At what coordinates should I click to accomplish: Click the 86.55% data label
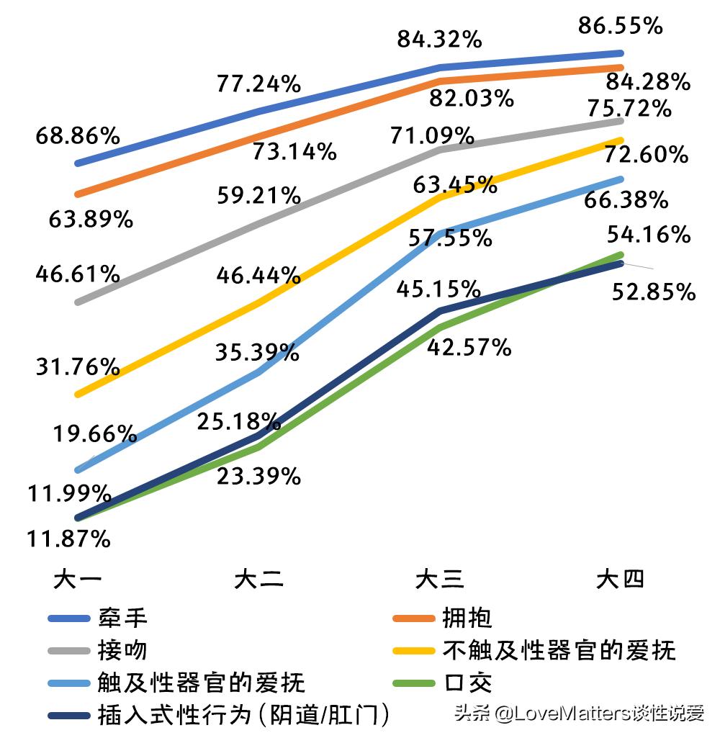(620, 27)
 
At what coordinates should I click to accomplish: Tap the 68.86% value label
(78, 136)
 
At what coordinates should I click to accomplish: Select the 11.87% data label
(69, 538)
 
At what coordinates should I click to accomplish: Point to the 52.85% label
(654, 292)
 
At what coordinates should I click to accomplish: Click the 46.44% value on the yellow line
(258, 274)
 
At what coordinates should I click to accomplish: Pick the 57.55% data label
(451, 238)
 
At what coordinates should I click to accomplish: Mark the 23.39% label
(258, 476)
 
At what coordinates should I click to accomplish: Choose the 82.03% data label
(472, 98)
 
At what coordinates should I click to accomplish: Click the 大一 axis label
(78, 580)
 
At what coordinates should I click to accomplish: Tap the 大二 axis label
(258, 580)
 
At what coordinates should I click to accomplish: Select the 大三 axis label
(439, 580)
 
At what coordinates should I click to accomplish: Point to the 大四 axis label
(620, 580)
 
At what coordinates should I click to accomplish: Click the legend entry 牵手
(122, 618)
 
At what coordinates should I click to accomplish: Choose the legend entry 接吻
(122, 651)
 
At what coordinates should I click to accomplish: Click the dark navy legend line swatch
(68, 716)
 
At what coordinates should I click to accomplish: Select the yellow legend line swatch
(413, 651)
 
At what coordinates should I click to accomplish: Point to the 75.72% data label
(630, 109)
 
